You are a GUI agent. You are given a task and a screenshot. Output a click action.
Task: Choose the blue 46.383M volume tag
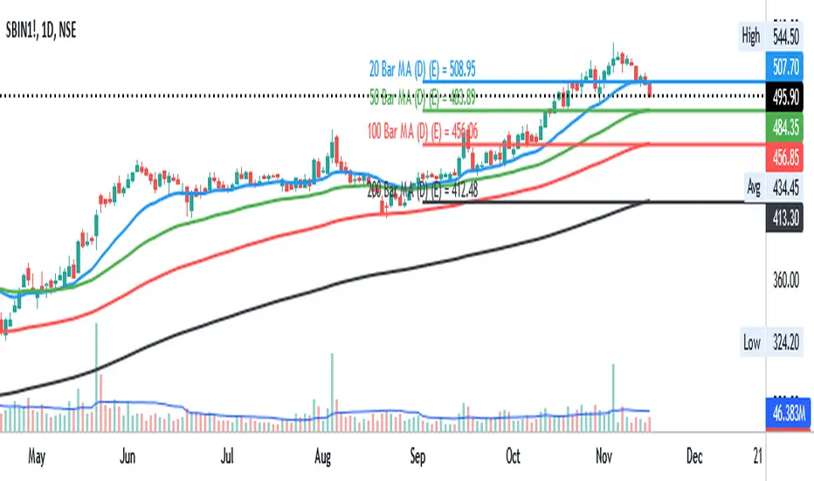coord(790,408)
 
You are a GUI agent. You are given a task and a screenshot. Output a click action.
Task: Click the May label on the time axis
coord(37,457)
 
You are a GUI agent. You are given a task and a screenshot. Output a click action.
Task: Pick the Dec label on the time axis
coord(694,457)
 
